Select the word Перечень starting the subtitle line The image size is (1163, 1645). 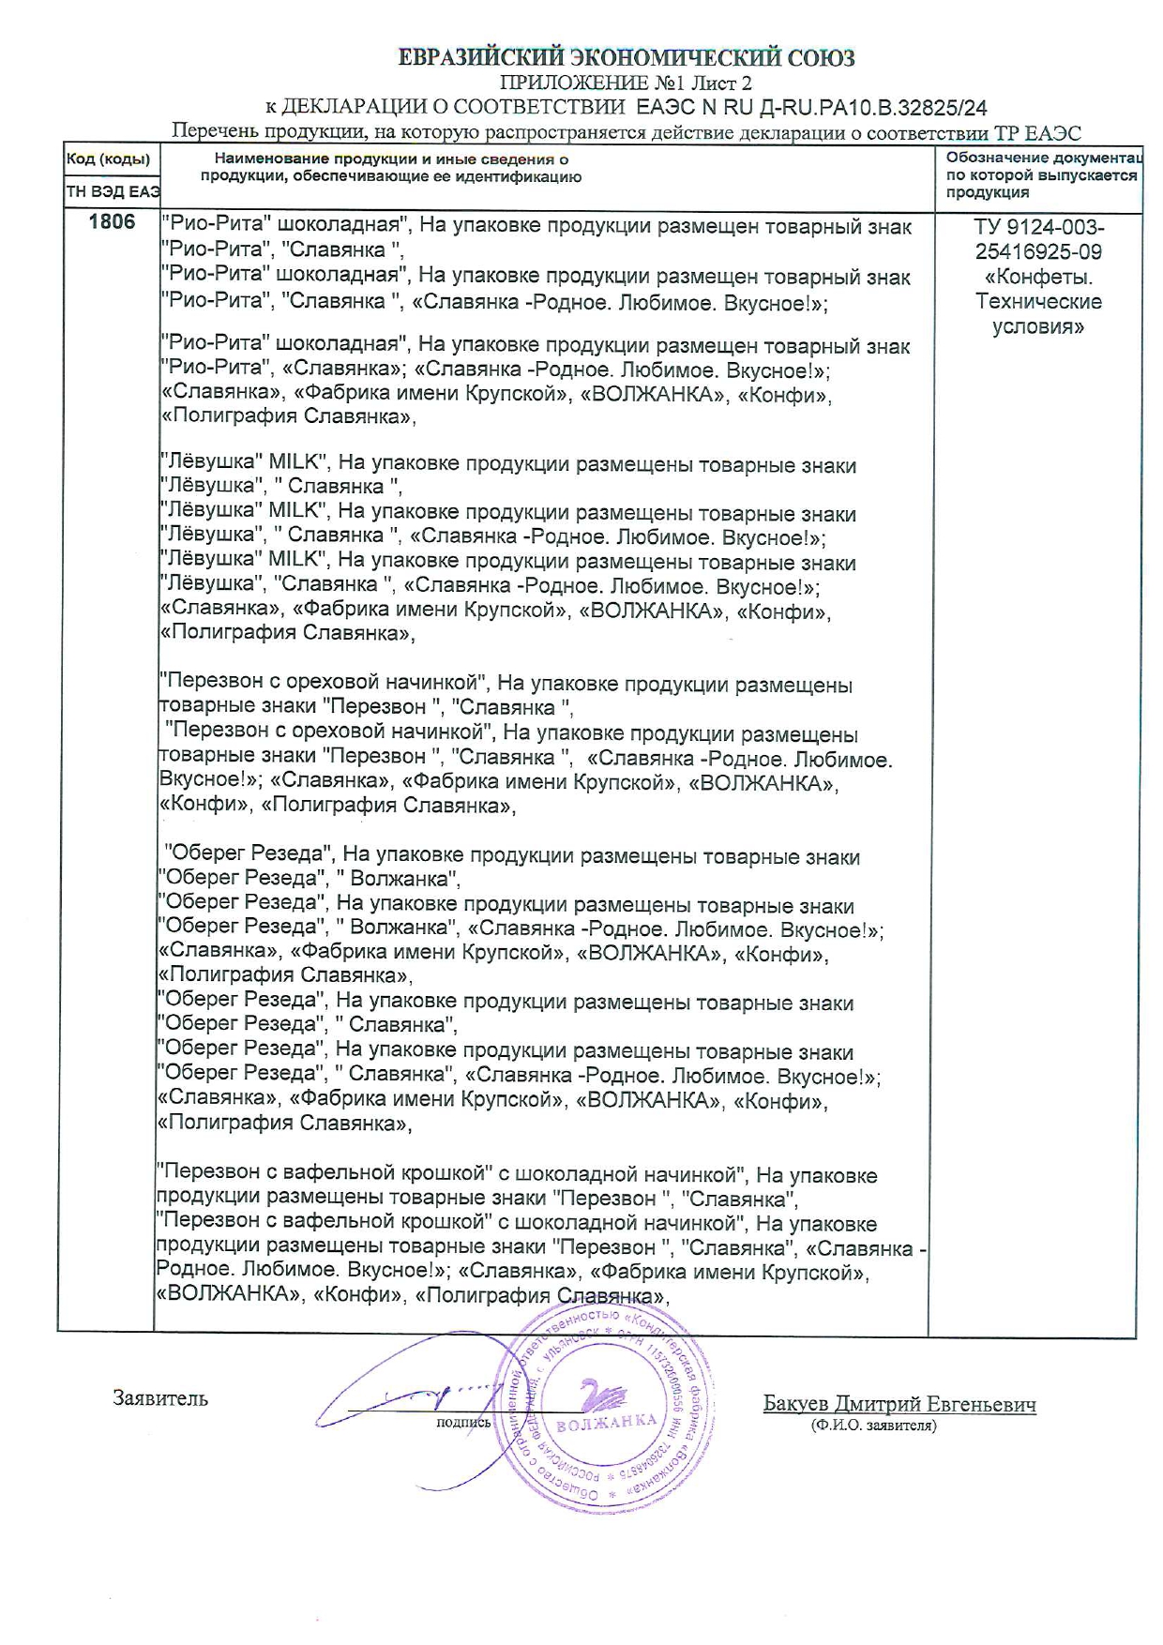tap(213, 132)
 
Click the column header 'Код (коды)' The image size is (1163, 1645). tap(108, 159)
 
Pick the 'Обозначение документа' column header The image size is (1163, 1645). tap(1041, 158)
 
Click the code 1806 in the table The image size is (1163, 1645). tap(112, 222)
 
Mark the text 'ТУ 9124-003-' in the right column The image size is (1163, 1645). tap(1039, 228)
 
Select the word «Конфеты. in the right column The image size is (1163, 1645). tap(1039, 278)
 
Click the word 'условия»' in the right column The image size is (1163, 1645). tap(1039, 327)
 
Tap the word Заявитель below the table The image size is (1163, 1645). tap(160, 1398)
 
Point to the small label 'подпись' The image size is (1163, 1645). tap(463, 1423)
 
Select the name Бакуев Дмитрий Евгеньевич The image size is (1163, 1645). tap(899, 1404)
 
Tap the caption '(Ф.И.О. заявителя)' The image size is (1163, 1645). tap(874, 1426)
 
